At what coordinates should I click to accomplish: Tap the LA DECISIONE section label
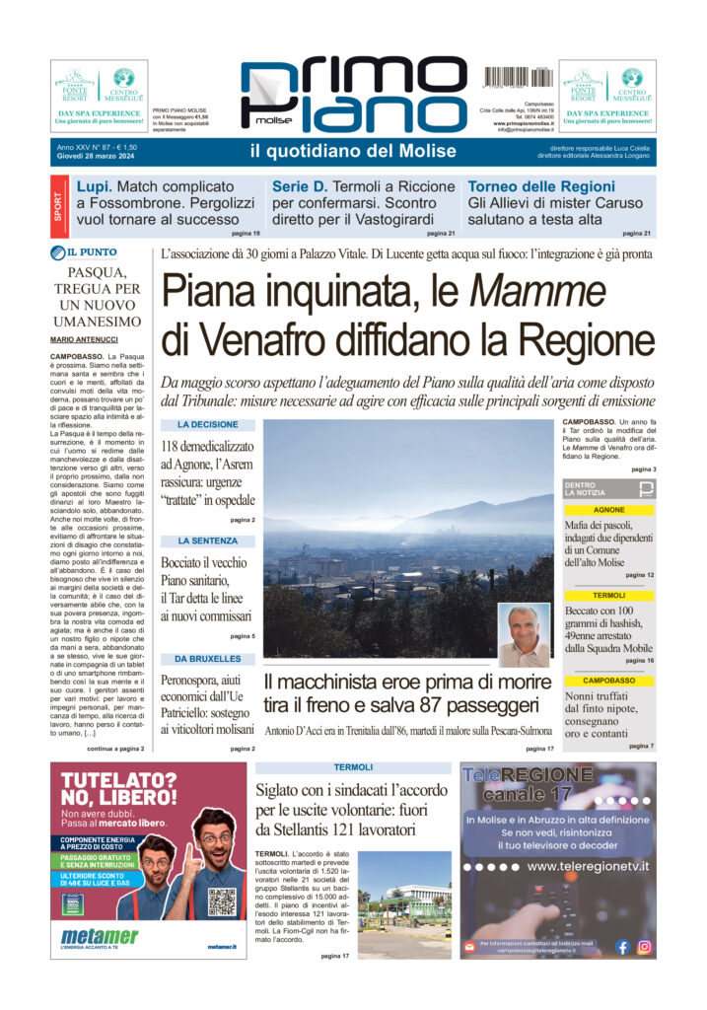pos(207,424)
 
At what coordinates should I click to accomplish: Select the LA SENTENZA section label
pos(207,541)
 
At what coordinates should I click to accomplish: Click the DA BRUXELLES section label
pos(207,658)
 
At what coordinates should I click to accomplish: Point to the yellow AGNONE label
pos(609,510)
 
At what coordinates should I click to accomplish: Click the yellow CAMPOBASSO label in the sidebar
pos(609,681)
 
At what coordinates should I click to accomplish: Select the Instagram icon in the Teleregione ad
pos(645,947)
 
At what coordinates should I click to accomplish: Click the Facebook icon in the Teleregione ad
pos(622,947)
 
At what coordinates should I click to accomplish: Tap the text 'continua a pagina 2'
pos(124,749)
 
